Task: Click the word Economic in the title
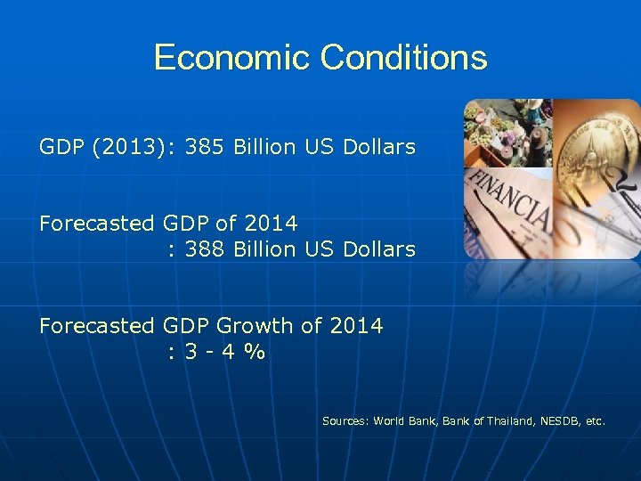[232, 58]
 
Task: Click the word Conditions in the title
[403, 58]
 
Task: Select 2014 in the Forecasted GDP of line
[273, 224]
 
